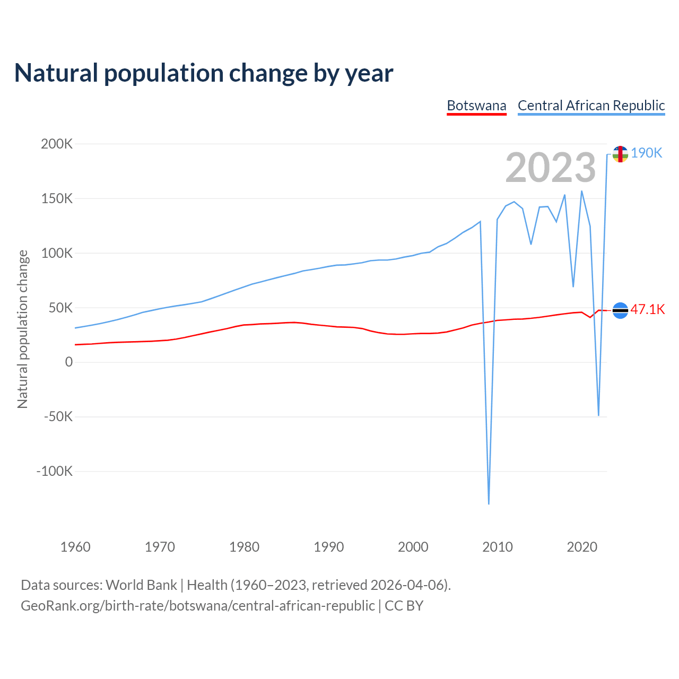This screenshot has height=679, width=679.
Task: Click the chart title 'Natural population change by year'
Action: click(204, 73)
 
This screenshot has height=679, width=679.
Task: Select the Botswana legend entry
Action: click(476, 106)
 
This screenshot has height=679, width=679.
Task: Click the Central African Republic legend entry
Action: click(591, 106)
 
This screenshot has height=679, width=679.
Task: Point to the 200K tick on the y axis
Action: click(57, 144)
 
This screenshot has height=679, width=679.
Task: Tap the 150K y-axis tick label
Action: click(57, 198)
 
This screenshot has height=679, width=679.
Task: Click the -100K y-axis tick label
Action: click(54, 471)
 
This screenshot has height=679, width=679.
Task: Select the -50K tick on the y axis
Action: click(57, 416)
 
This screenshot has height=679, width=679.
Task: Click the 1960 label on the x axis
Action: click(75, 547)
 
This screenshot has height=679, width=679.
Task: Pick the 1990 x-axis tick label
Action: click(328, 547)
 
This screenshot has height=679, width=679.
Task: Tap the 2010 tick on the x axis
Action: click(497, 547)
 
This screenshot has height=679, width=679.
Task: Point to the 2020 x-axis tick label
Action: click(582, 547)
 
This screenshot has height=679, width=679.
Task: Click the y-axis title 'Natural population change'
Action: click(23, 329)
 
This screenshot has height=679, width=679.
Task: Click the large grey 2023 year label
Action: click(551, 168)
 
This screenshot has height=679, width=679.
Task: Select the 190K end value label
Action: click(647, 153)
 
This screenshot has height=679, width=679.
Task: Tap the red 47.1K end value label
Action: click(647, 309)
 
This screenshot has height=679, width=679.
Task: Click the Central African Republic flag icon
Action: click(620, 154)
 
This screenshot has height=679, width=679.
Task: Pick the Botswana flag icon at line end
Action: click(620, 310)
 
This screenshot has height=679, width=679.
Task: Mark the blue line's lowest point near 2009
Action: click(489, 503)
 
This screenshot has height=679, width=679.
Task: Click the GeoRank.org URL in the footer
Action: click(197, 606)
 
